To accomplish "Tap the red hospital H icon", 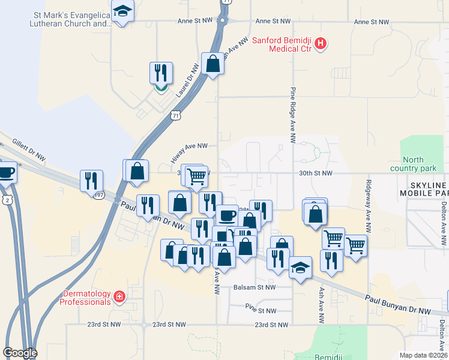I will (x=321, y=43).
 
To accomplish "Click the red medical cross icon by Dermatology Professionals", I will (x=119, y=296).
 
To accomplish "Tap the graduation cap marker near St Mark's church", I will (x=123, y=12).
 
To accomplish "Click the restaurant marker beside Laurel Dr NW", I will (x=161, y=73).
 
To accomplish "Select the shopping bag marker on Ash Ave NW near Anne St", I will (x=213, y=62).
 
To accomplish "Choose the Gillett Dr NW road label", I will (x=28, y=150).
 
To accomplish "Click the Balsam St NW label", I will (x=254, y=287).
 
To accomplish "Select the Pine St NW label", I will (x=261, y=311).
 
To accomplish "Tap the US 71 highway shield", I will (x=175, y=115).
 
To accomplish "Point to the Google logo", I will (x=20, y=353).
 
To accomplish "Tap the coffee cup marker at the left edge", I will (x=6, y=172).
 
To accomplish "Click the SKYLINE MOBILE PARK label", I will (x=424, y=189).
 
